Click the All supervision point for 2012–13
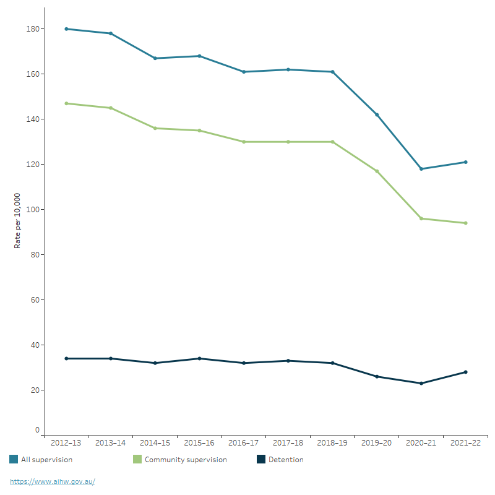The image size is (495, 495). click(x=66, y=29)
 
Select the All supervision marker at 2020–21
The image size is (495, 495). click(x=421, y=169)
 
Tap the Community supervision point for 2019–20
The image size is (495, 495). click(x=377, y=171)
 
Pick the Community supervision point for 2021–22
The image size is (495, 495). click(x=465, y=223)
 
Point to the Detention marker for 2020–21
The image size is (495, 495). click(x=421, y=384)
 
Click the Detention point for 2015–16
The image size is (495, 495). click(x=199, y=359)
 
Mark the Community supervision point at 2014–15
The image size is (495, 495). click(x=155, y=128)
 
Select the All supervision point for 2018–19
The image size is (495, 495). click(x=332, y=72)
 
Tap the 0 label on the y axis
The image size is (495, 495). click(x=37, y=430)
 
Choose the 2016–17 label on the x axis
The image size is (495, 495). click(x=244, y=443)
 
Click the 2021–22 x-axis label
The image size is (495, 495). click(x=465, y=443)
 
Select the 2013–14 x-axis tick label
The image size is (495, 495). click(x=111, y=443)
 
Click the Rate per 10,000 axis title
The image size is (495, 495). click(x=18, y=221)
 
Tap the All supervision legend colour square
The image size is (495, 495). click(x=14, y=460)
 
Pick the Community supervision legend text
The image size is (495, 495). click(x=186, y=460)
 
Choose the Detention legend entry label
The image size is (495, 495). click(x=286, y=460)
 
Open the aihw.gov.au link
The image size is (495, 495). click(x=53, y=481)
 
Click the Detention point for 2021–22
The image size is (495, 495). click(x=465, y=372)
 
